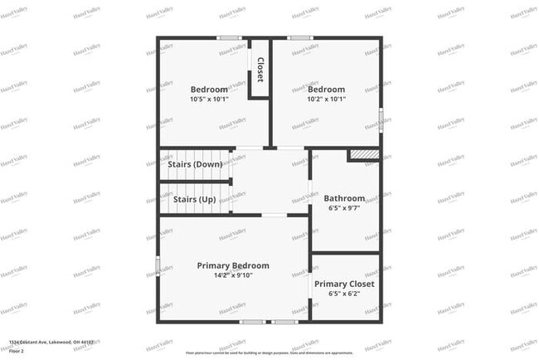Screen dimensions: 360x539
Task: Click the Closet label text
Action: (x=260, y=69)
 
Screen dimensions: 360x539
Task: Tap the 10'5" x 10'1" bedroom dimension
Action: (x=209, y=99)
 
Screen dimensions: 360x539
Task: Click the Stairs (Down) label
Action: (x=195, y=164)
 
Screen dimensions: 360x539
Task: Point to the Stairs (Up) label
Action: (x=195, y=199)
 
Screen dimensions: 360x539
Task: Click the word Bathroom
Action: (x=344, y=198)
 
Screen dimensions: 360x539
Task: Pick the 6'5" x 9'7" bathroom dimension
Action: (x=344, y=208)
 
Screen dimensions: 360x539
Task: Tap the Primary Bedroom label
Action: (x=233, y=265)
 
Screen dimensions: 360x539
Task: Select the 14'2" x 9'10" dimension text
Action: (x=233, y=275)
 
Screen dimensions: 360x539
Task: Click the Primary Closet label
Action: (x=344, y=284)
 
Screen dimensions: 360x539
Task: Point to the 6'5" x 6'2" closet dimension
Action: (x=344, y=294)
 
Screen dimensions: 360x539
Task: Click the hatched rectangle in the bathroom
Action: (x=362, y=155)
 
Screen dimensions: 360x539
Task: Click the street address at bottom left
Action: (x=51, y=342)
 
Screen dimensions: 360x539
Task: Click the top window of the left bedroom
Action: (x=230, y=37)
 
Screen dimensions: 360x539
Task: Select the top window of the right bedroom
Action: (x=300, y=37)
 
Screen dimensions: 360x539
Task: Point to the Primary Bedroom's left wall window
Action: (x=158, y=266)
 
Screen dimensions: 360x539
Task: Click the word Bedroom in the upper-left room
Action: (x=209, y=90)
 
